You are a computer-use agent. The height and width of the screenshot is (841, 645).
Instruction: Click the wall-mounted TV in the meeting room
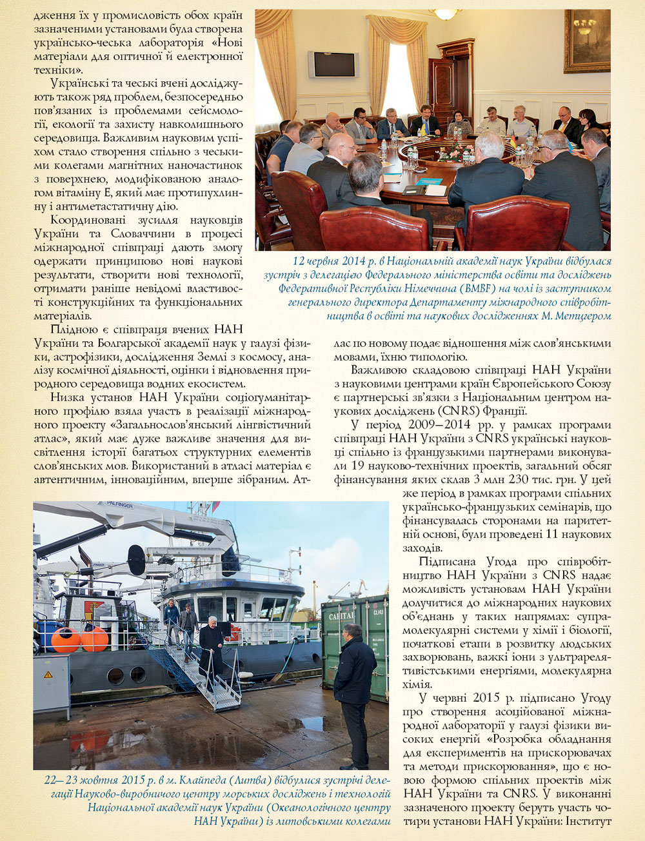click(332, 64)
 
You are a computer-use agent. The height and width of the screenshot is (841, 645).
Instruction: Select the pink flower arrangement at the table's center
click(460, 153)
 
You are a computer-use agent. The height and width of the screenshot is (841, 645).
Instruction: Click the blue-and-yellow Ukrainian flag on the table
click(423, 129)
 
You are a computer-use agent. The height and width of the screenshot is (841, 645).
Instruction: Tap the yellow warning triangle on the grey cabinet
click(48, 675)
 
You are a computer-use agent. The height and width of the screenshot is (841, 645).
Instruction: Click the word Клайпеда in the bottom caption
click(177, 780)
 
